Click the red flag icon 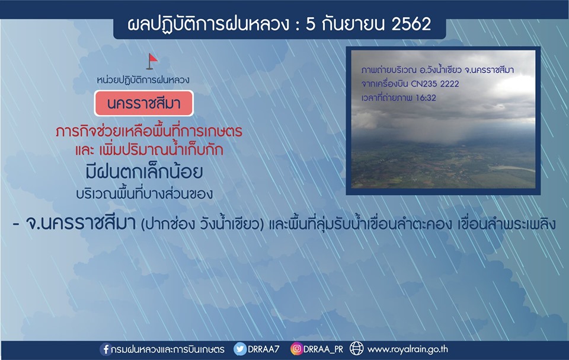pyautogui.click(x=152, y=62)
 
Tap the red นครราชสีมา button pyautogui.click(x=143, y=104)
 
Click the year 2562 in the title pyautogui.click(x=411, y=24)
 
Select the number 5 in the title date pyautogui.click(x=311, y=24)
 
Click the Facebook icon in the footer pyautogui.click(x=106, y=349)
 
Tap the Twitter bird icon pyautogui.click(x=239, y=349)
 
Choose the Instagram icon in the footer pyautogui.click(x=296, y=349)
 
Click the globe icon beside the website pyautogui.click(x=356, y=349)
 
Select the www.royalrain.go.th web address pyautogui.click(x=408, y=350)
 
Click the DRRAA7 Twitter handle pyautogui.click(x=263, y=349)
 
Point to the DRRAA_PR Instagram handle pyautogui.click(x=323, y=350)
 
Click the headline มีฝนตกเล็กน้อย pyautogui.click(x=144, y=172)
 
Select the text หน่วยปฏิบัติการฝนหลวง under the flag pyautogui.click(x=143, y=79)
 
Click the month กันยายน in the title pyautogui.click(x=353, y=24)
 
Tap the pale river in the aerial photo pyautogui.click(x=512, y=168)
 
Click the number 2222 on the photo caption pyautogui.click(x=450, y=84)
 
